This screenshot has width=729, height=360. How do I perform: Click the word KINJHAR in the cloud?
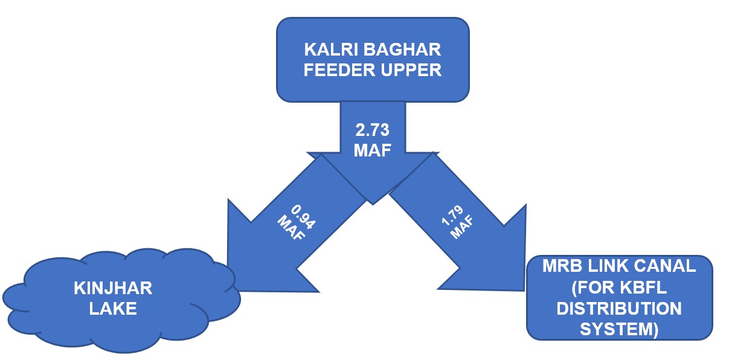(x=113, y=288)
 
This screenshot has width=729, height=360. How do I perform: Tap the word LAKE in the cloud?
(x=113, y=309)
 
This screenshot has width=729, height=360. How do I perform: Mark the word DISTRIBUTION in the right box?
(x=619, y=308)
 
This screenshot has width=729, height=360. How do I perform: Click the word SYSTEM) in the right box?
(x=619, y=329)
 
